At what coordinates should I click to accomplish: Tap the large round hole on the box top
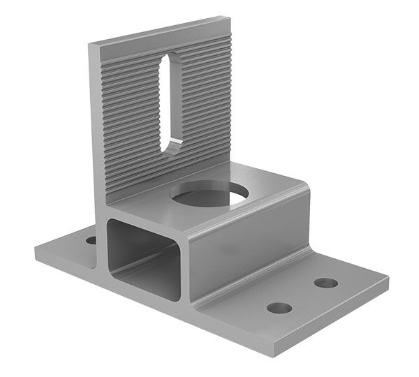click(x=209, y=195)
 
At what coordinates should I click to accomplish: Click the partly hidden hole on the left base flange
click(x=91, y=240)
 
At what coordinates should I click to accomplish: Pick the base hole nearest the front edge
click(x=279, y=307)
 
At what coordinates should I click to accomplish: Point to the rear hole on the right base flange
click(x=325, y=283)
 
